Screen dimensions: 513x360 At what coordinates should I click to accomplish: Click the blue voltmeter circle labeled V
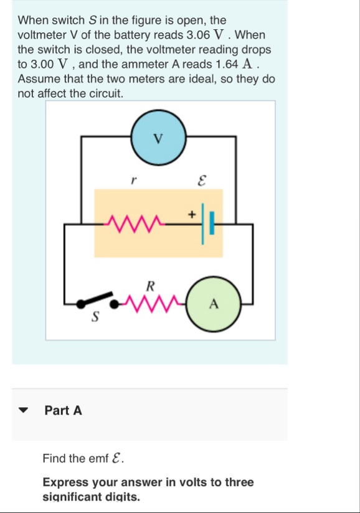(158, 139)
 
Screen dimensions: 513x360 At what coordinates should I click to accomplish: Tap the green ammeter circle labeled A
(214, 304)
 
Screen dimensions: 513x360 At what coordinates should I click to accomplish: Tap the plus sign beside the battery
(192, 214)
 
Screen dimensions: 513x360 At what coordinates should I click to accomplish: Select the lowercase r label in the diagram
(132, 181)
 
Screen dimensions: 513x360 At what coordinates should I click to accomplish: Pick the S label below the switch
(95, 317)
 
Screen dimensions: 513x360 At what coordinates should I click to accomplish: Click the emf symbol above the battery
(201, 181)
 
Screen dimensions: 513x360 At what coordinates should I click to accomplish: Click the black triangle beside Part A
(24, 411)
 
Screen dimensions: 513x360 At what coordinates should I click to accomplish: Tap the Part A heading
(63, 410)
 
